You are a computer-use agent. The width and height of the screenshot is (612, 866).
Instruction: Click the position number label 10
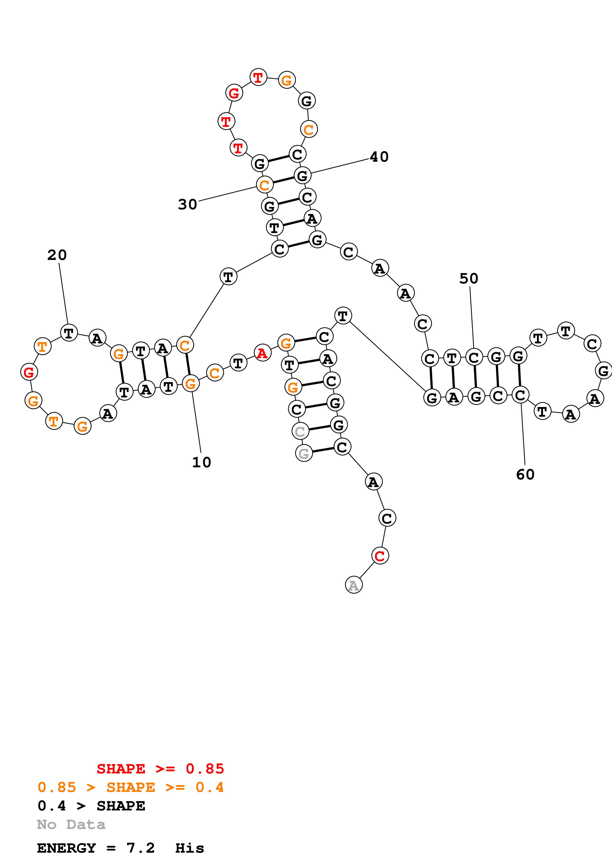[201, 462]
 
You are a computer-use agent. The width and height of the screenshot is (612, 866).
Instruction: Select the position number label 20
[57, 255]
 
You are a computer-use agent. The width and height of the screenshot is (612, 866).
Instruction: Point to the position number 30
[187, 204]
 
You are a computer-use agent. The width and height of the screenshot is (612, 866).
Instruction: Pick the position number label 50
[469, 279]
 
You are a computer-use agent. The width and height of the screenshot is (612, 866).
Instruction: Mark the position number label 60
[525, 474]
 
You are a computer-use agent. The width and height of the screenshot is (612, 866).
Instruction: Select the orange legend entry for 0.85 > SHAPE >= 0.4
[130, 787]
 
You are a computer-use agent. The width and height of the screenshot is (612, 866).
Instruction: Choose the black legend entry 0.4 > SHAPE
[91, 806]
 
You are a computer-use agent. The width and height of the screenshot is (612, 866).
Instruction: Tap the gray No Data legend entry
[71, 825]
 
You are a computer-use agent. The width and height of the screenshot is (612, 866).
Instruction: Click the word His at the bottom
[189, 848]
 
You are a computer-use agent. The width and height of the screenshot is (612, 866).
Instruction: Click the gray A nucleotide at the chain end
[354, 585]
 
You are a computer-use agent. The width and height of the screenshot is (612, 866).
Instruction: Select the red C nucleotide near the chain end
[380, 556]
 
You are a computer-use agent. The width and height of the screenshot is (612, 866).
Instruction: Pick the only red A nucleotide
[262, 353]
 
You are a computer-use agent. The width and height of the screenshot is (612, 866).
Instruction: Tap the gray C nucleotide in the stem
[300, 431]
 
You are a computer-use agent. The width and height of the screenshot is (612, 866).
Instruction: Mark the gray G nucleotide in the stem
[304, 453]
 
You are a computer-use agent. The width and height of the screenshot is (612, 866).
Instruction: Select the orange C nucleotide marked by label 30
[265, 185]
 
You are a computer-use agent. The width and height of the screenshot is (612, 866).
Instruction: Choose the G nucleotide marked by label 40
[302, 175]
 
